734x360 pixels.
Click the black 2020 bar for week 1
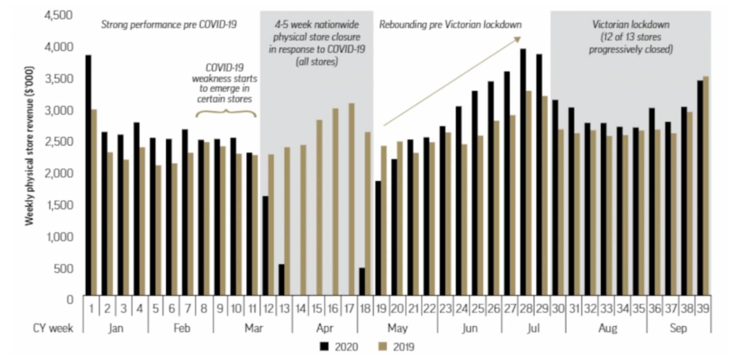tap(88, 175)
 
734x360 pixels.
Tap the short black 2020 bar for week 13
tap(282, 280)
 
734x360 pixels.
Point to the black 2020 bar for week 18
tap(362, 281)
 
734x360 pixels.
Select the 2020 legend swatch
tap(324, 347)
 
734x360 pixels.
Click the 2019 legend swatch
tap(382, 347)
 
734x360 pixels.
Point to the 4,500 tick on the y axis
tap(59, 15)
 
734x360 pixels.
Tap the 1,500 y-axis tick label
tap(59, 205)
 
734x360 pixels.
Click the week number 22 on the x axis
tap(429, 309)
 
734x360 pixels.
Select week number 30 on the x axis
tap(558, 309)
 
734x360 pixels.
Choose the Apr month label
tap(325, 328)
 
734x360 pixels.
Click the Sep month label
tap(678, 328)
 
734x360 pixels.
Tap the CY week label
tap(53, 328)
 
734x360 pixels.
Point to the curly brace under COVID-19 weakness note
tap(226, 112)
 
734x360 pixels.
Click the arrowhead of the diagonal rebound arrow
tap(517, 40)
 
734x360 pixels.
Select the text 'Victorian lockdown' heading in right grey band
tap(630, 25)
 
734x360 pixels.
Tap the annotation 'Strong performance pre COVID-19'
tap(169, 25)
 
